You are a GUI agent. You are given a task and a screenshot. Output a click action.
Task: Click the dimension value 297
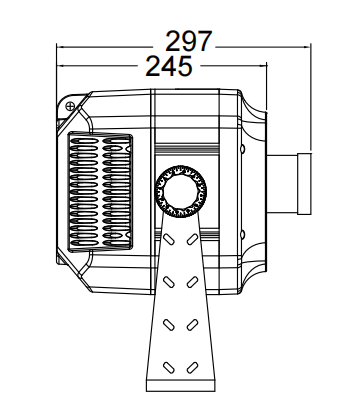coord(189,41)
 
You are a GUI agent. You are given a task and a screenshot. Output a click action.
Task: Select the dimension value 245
coord(169,66)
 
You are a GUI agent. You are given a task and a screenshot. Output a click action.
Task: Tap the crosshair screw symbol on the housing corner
coord(70,106)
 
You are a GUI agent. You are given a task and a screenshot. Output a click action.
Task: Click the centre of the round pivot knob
coord(181,191)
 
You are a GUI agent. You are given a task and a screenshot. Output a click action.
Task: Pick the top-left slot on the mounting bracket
coord(169,239)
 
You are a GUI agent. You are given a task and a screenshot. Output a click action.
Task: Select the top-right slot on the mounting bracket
coord(192,239)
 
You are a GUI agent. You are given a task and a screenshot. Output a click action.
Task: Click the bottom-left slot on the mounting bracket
coord(169,368)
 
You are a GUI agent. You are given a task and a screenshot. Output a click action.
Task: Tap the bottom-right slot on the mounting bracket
coord(192,368)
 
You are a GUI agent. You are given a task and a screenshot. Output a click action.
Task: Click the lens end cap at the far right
coord(304,184)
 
